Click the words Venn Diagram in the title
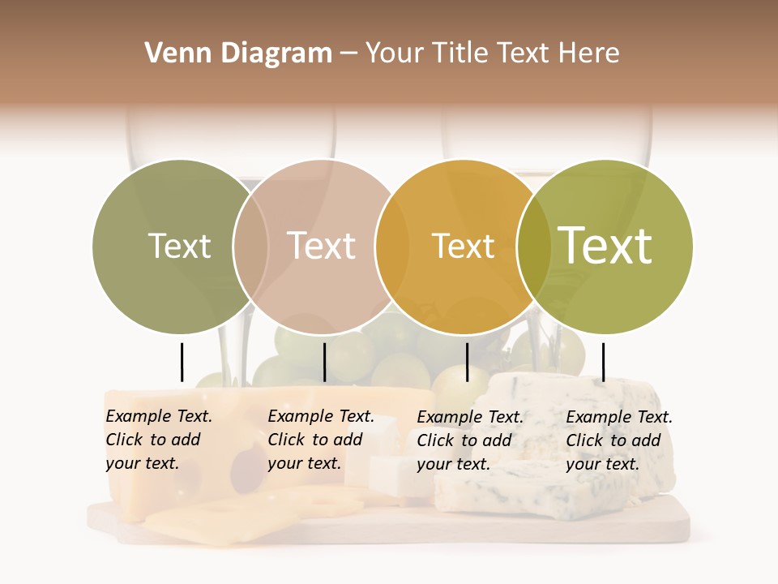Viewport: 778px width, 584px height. pyautogui.click(x=238, y=54)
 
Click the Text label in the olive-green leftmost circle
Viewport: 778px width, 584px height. pyautogui.click(x=179, y=246)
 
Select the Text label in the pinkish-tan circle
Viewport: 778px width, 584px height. pyautogui.click(x=322, y=246)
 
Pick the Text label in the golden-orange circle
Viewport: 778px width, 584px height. pyautogui.click(x=463, y=246)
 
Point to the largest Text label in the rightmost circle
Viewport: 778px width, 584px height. pyautogui.click(x=605, y=246)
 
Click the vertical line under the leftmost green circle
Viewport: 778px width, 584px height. pyautogui.click(x=182, y=362)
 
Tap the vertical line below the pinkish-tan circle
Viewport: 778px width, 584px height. pyautogui.click(x=324, y=362)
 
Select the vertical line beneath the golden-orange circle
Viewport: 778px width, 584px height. pyautogui.click(x=467, y=362)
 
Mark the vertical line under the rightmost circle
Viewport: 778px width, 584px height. pyautogui.click(x=603, y=362)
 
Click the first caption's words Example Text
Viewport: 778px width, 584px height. pyautogui.click(x=159, y=416)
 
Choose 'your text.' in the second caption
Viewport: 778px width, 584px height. pyautogui.click(x=304, y=463)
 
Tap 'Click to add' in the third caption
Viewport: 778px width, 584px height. pyautogui.click(x=464, y=440)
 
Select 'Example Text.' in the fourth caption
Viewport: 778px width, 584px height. pyautogui.click(x=619, y=417)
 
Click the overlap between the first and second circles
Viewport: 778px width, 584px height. pyautogui.click(x=250, y=246)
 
